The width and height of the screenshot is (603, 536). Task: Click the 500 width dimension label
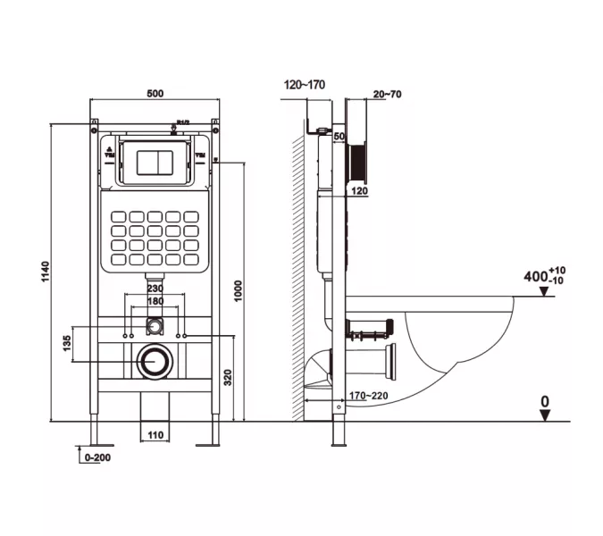155,92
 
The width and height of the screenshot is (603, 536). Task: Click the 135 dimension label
67,345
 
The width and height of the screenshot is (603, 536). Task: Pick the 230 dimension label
155,289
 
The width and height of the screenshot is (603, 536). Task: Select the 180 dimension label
155,302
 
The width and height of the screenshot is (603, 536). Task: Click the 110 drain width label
155,435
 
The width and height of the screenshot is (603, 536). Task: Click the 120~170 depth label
305,85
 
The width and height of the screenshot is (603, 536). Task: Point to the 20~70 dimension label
388,93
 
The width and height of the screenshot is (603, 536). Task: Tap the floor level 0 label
544,403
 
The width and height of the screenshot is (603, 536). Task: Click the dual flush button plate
155,162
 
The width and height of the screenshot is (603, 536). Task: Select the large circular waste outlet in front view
155,362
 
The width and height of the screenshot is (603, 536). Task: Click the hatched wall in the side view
297,268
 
